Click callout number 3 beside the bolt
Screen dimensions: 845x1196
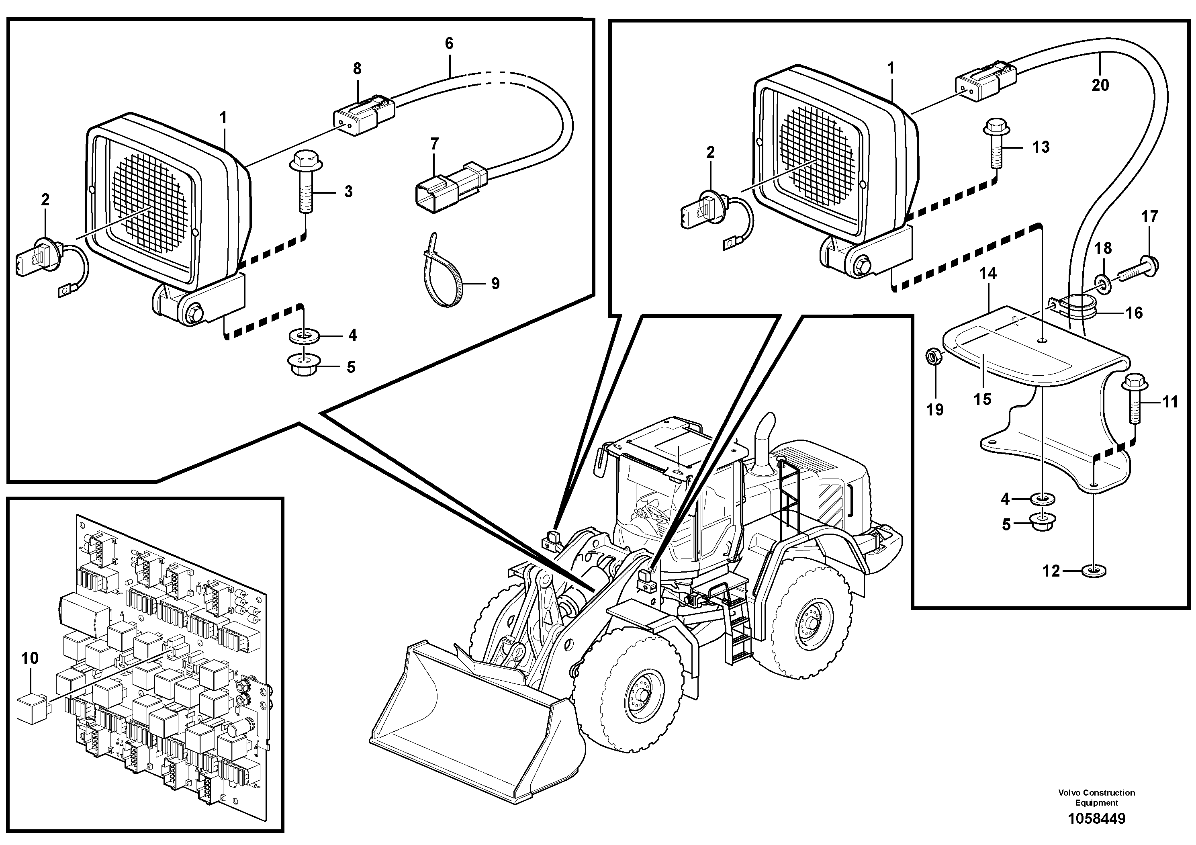[348, 191]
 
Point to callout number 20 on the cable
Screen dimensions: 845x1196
[1100, 84]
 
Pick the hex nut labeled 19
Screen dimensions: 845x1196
[932, 357]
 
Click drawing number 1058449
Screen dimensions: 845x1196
[1096, 818]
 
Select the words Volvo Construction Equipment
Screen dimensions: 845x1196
[1096, 797]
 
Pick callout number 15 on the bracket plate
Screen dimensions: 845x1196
[982, 399]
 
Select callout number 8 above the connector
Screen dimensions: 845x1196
[357, 69]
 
